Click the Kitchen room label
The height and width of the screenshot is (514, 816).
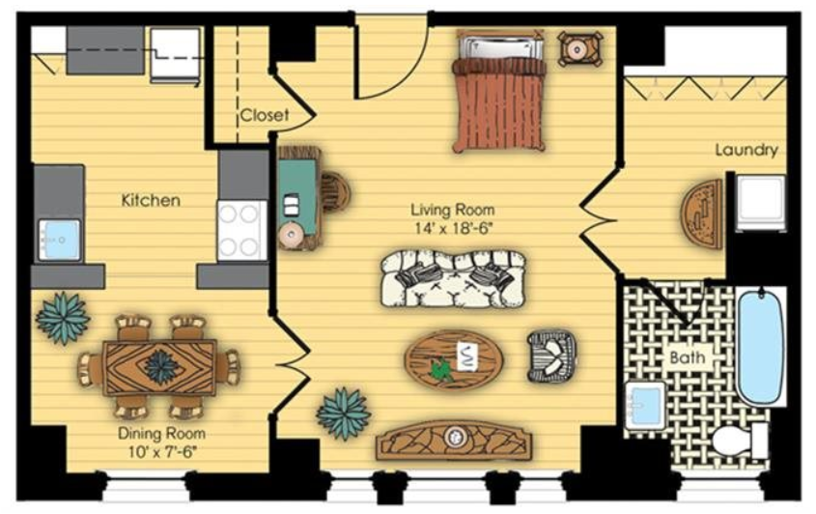(x=151, y=200)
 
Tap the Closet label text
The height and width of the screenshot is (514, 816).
(x=264, y=115)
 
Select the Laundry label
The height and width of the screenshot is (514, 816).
(x=746, y=151)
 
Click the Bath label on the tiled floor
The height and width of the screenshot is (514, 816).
(x=688, y=357)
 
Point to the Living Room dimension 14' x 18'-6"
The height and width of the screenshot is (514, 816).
(x=453, y=228)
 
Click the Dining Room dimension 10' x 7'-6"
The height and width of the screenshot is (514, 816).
(x=161, y=451)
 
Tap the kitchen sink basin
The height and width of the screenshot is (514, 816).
(x=59, y=240)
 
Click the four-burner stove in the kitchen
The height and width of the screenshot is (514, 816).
(x=241, y=231)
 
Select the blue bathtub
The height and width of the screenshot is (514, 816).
(x=760, y=347)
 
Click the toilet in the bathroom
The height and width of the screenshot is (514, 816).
(x=739, y=441)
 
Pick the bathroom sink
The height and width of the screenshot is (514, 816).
(x=645, y=405)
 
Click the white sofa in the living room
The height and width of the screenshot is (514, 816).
(x=453, y=279)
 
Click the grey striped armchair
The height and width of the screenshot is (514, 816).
(x=551, y=357)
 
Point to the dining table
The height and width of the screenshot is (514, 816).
(x=159, y=367)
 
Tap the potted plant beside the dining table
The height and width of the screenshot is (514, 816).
(x=63, y=317)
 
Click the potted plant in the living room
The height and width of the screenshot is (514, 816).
(x=344, y=414)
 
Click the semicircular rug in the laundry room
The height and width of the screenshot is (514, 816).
(x=703, y=214)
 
